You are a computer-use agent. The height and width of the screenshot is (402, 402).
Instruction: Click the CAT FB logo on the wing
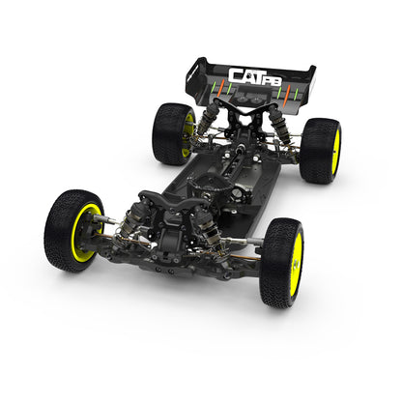pos(254,74)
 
